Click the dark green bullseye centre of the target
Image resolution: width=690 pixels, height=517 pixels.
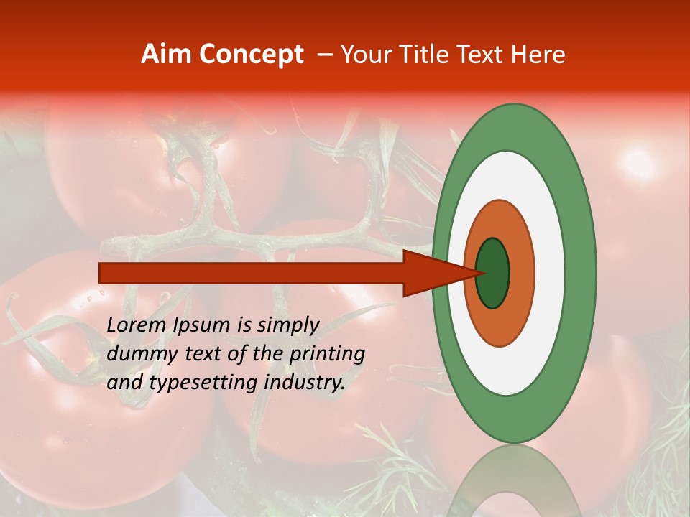pos(493,273)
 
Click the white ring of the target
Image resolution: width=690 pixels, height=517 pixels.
pos(550,273)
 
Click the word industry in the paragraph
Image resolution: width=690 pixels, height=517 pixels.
pos(303,383)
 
